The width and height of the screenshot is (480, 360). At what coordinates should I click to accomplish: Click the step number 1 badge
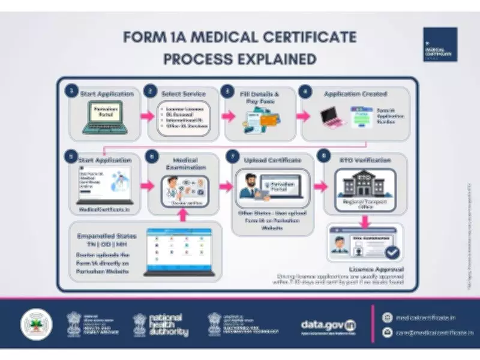point(71,92)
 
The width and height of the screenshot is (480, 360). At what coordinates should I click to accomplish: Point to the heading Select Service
point(183,94)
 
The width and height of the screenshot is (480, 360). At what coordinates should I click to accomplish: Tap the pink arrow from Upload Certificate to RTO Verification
point(319,187)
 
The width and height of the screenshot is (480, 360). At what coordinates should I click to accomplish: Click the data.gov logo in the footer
point(329,325)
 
